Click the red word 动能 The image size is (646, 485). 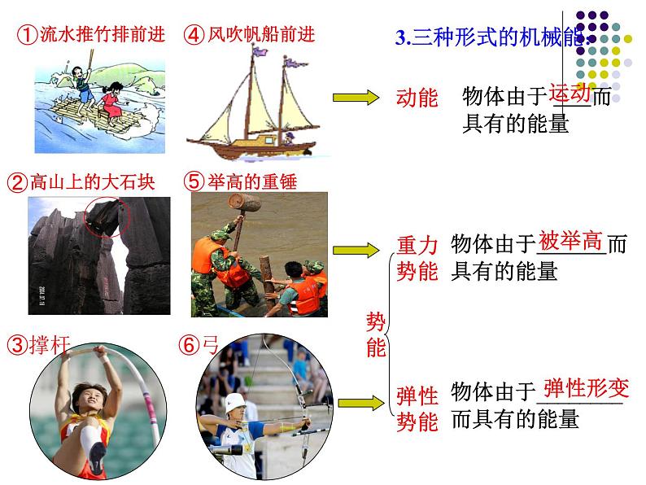pos(417,98)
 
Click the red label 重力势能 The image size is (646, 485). pos(417,258)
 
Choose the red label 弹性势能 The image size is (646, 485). pos(417,409)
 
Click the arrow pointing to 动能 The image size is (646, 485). pos(356,98)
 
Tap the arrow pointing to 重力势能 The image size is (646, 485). pos(356,249)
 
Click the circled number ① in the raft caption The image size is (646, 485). pos(27,35)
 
